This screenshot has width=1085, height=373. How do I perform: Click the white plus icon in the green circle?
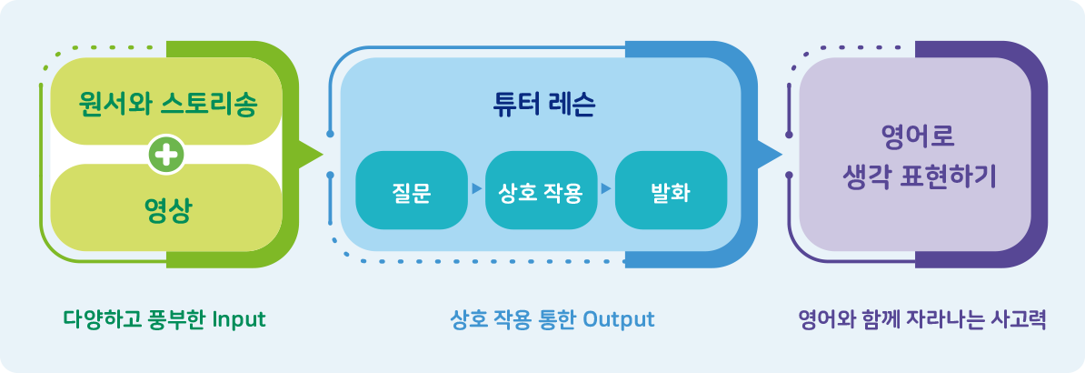[x=166, y=155]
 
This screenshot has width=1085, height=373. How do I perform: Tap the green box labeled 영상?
[x=166, y=207]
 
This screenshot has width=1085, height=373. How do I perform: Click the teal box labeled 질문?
[x=412, y=190]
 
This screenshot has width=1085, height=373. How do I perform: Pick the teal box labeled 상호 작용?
[x=541, y=190]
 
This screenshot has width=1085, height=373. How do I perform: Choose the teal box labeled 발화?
[x=671, y=190]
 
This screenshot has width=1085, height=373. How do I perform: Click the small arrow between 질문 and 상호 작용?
[x=476, y=188]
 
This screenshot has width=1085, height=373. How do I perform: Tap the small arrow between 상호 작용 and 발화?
[x=606, y=188]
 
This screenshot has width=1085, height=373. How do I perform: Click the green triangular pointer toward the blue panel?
[x=309, y=154]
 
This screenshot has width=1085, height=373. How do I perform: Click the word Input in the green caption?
[x=239, y=319]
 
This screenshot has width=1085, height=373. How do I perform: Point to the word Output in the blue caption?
[x=619, y=319]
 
